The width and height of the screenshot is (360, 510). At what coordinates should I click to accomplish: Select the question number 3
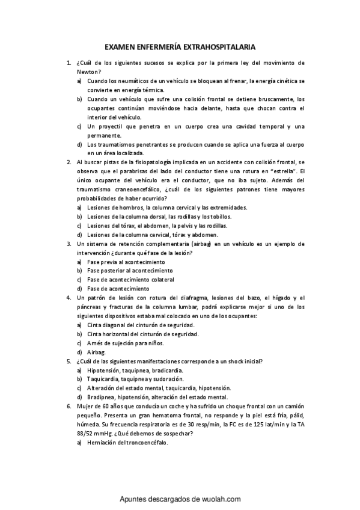pyautogui.click(x=68, y=244)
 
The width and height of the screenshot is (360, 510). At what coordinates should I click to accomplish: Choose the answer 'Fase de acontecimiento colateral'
pyautogui.click(x=130, y=280)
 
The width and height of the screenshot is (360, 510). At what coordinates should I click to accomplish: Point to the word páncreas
pyautogui.click(x=90, y=307)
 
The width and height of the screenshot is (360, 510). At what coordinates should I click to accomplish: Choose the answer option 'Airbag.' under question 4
pyautogui.click(x=96, y=352)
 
